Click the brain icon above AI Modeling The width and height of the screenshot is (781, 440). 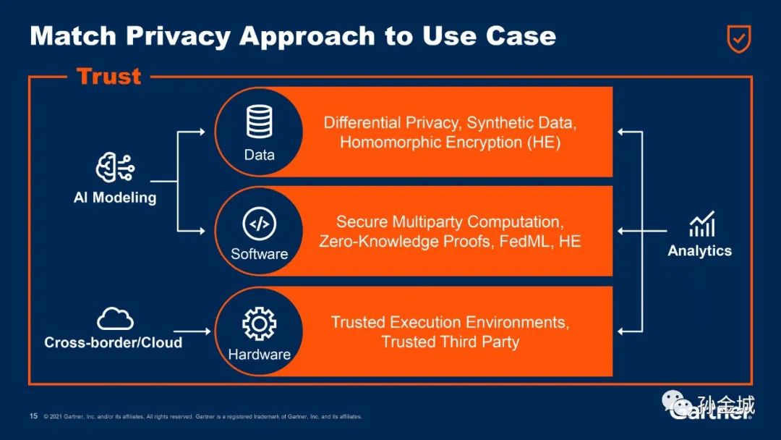tap(115, 169)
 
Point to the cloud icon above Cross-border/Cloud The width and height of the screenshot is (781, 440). tap(115, 318)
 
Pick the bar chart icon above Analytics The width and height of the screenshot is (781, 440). tap(701, 224)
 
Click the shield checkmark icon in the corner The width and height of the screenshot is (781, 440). tap(738, 38)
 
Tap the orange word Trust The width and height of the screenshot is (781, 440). tap(108, 76)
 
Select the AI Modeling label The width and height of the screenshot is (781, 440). tap(115, 197)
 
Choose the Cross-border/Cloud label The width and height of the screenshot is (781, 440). tap(114, 342)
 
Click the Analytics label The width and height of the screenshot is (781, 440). tap(699, 251)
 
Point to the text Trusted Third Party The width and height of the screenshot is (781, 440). tap(450, 342)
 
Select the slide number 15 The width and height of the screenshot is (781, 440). tap(33, 416)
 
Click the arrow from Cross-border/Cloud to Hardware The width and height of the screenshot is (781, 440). tap(200, 331)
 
